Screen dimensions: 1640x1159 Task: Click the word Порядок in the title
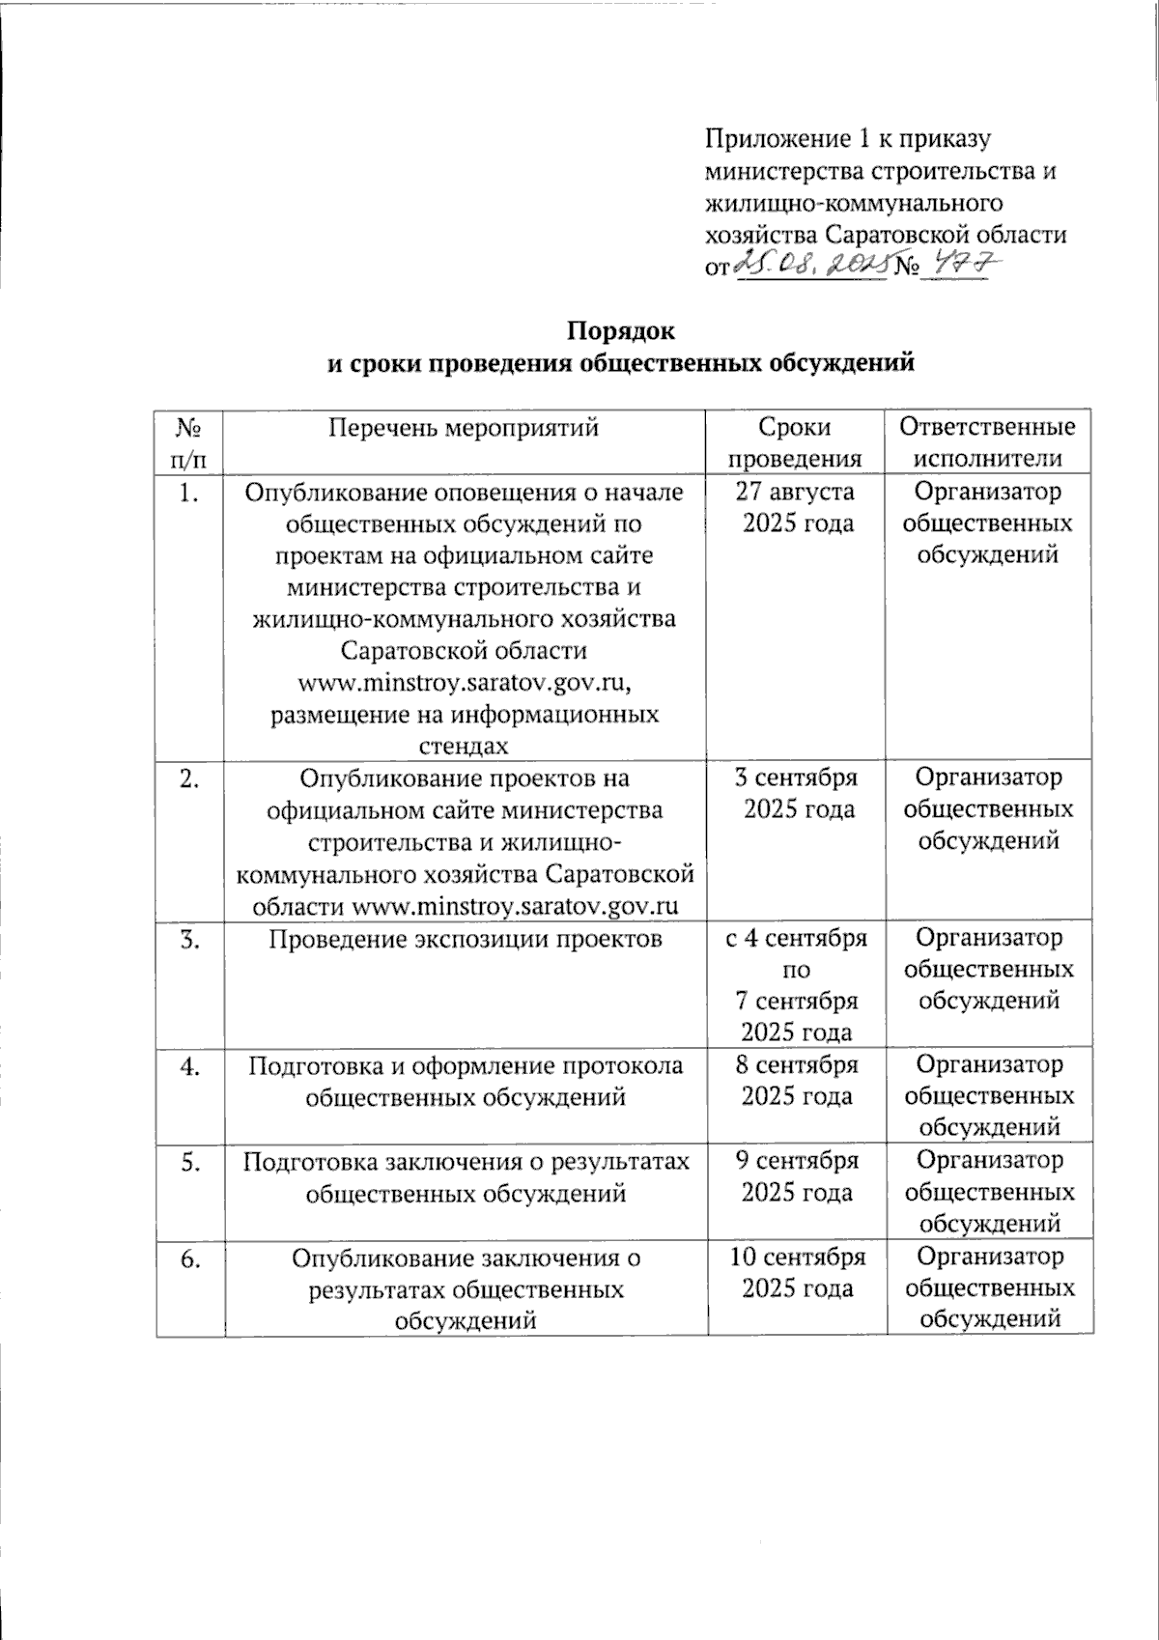[621, 330]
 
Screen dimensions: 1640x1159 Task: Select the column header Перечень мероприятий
[464, 428]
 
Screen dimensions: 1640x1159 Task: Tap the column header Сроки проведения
[795, 442]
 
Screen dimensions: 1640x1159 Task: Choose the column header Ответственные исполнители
[987, 442]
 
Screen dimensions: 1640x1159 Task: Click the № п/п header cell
[189, 442]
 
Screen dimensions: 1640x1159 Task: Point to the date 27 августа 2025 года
[795, 507]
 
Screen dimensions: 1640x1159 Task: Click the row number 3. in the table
[189, 938]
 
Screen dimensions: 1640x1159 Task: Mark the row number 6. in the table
[189, 1258]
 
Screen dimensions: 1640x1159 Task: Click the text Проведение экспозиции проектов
[465, 938]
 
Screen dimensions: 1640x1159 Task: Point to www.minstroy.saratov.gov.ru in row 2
[516, 906]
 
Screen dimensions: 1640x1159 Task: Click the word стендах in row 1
[464, 746]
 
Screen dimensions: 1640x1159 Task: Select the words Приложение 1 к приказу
[848, 139]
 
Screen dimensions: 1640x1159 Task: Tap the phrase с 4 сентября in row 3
[797, 938]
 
